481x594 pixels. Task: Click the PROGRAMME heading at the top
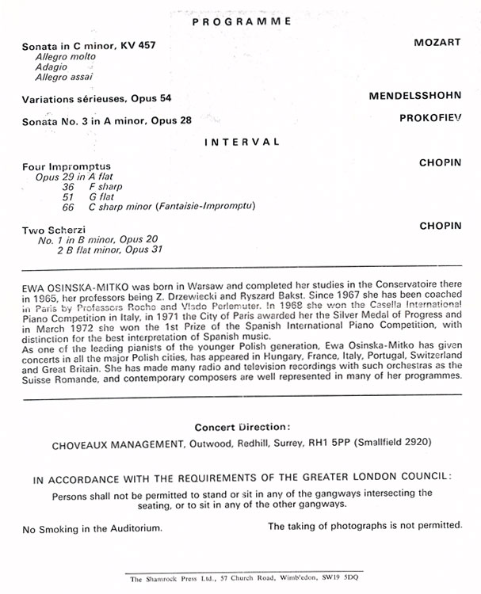coord(241,21)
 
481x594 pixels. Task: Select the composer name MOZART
coord(437,43)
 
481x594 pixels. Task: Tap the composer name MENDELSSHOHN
coord(414,96)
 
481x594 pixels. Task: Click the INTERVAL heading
coord(242,142)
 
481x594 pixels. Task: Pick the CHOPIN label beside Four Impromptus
coord(440,162)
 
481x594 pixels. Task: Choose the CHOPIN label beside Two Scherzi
coord(440,226)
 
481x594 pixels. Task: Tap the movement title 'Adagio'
coord(51,67)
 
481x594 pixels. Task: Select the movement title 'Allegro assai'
coord(63,78)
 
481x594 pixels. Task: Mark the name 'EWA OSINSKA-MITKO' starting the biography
coord(71,281)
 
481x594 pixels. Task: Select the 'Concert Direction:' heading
coord(241,427)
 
